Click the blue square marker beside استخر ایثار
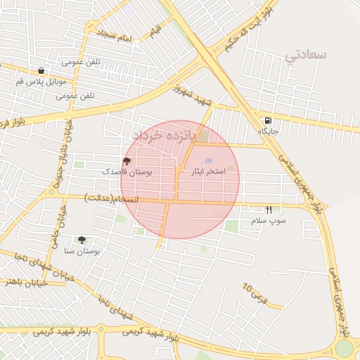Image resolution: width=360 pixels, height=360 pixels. coord(208,162)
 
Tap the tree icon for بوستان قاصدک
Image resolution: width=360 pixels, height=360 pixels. coord(127,162)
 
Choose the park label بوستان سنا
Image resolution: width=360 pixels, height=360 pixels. coord(82,250)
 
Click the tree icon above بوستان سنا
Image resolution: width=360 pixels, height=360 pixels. coord(82,240)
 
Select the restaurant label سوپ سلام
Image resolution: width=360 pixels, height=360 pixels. coord(269,221)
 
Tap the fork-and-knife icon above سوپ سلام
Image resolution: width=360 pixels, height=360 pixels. coord(269,210)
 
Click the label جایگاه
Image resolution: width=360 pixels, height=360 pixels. coord(269,131)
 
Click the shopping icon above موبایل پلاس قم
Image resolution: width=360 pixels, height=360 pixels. coord(41,71)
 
